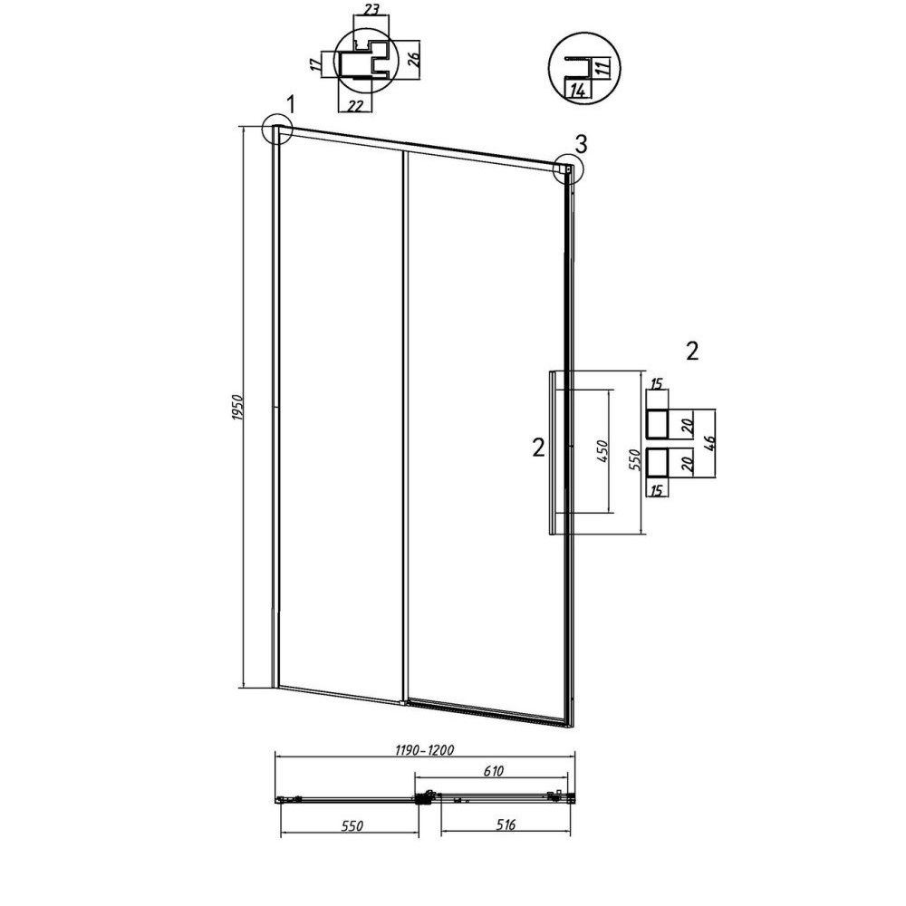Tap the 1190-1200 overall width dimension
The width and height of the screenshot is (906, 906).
tap(425, 750)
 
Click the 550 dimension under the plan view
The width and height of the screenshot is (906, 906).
tap(352, 826)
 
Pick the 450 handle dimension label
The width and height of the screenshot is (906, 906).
tap(602, 451)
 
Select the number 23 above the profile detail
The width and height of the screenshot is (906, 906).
tap(371, 9)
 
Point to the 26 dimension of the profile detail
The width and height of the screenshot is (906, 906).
tap(413, 58)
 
